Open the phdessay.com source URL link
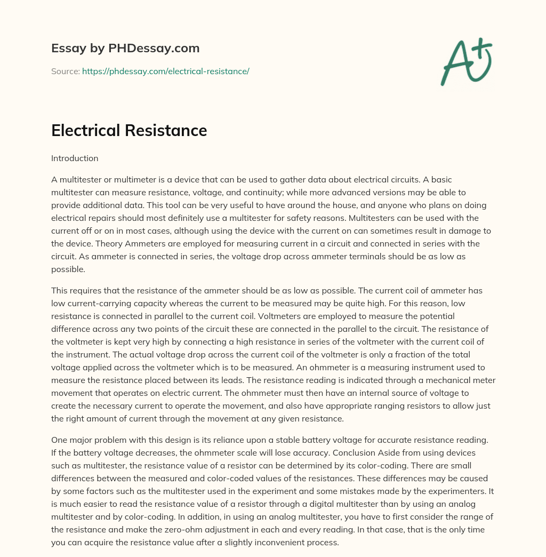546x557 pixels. [165, 71]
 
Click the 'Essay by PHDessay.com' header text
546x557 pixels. [125, 49]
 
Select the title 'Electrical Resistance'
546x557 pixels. [129, 130]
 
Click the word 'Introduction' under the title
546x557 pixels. [75, 158]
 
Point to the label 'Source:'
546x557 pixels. [65, 71]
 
